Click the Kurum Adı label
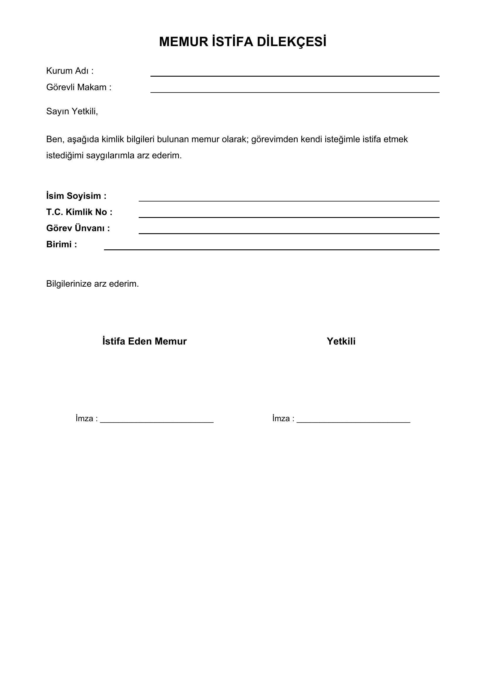pos(70,71)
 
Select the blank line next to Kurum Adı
pos(295,76)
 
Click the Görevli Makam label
pos(79,87)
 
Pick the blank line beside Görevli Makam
pos(295,92)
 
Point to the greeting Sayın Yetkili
pos(72,111)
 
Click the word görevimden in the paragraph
pos(274,140)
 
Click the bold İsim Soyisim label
pos(76,196)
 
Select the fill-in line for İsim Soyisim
pos(289,201)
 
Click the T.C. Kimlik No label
pos(79,212)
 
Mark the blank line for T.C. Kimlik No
pos(289,217)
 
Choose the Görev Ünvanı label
pos(78,228)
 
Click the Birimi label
pos(62,244)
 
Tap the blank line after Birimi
pos(272,249)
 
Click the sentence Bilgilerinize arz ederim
pos(93,284)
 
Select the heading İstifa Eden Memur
pos(145,341)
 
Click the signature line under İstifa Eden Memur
pos(157,421)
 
